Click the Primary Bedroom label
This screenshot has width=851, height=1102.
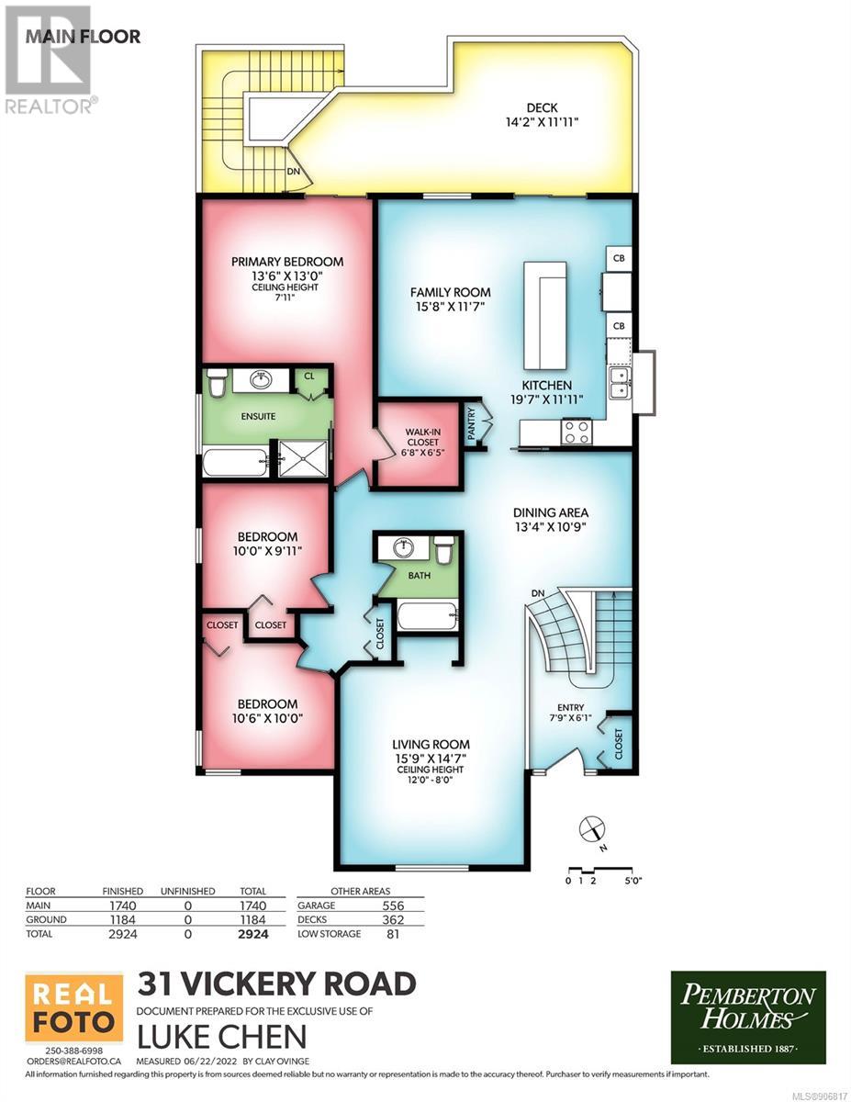(286, 262)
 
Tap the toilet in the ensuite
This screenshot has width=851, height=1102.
(218, 383)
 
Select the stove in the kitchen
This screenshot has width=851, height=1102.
(577, 433)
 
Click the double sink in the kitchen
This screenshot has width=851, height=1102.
(620, 383)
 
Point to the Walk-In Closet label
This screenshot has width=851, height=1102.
(422, 442)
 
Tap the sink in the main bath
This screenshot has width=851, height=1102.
(404, 546)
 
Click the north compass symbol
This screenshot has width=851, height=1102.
(591, 829)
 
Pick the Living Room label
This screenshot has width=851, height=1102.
(431, 745)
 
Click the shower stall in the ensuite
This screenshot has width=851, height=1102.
(303, 458)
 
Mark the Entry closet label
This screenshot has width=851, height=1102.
(619, 744)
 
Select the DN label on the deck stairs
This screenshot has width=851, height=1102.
(294, 172)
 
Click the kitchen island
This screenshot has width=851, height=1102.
(545, 315)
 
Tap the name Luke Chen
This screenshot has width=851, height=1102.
(222, 1037)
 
